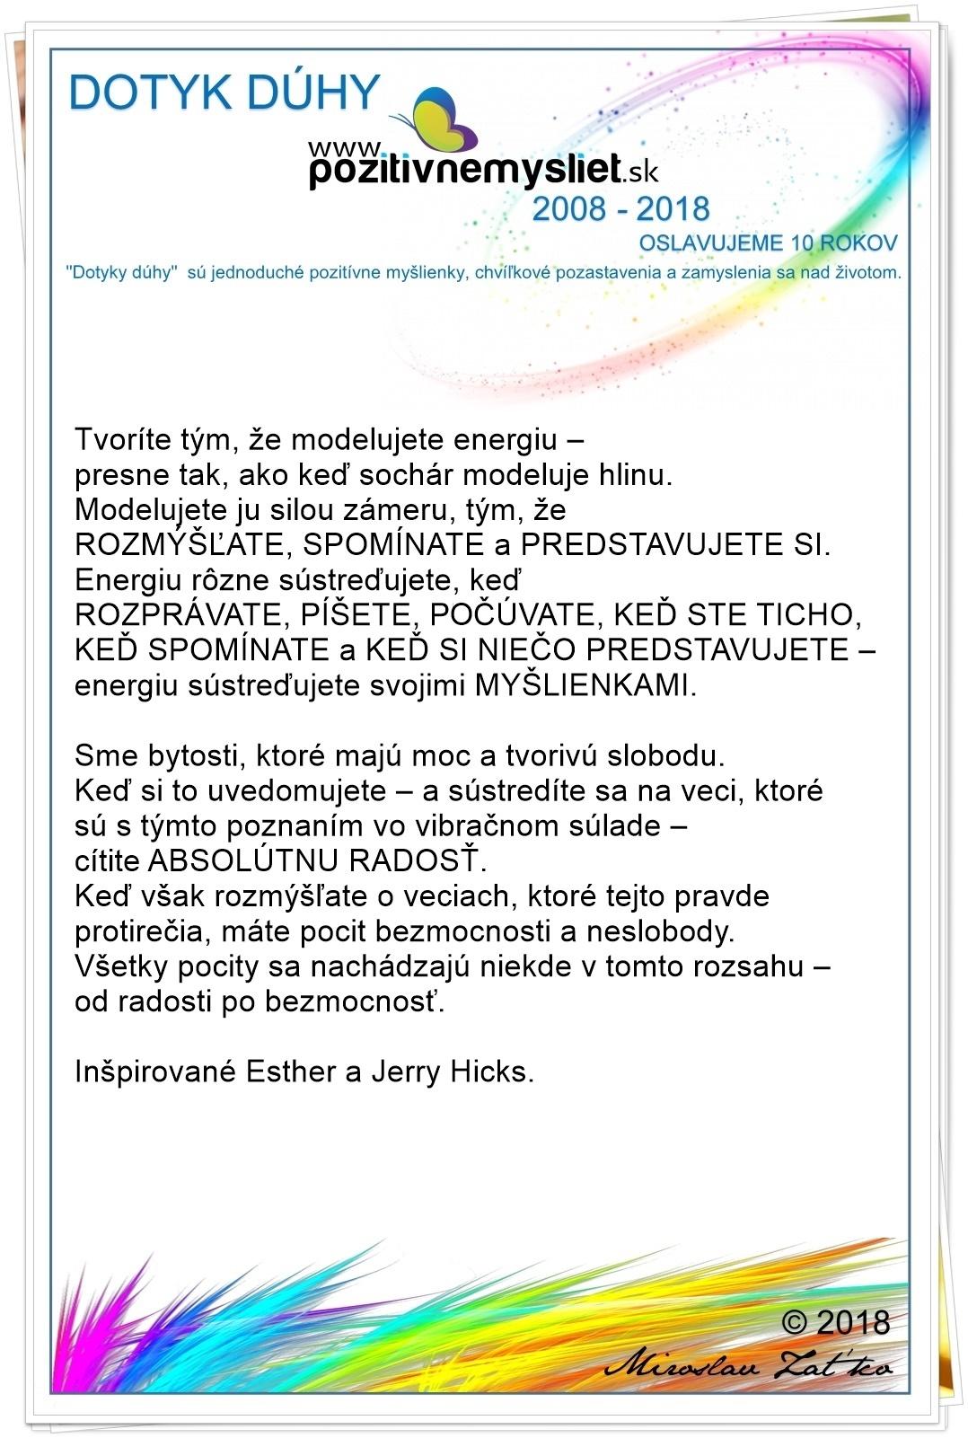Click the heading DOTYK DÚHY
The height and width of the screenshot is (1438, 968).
tap(224, 93)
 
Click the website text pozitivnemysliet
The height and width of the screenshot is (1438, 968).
tap(465, 169)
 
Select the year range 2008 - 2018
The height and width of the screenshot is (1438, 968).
tap(620, 209)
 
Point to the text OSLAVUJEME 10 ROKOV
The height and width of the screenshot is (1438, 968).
tap(768, 243)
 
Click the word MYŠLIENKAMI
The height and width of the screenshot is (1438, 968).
tap(584, 685)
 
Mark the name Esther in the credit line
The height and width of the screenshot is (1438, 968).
tap(288, 1072)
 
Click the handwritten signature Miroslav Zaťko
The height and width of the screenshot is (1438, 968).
tap(750, 1366)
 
